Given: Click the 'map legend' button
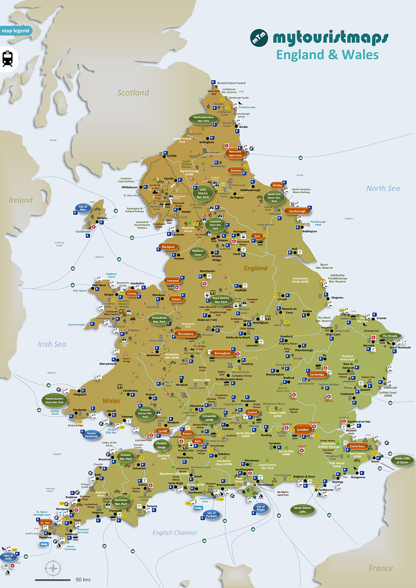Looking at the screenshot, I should coord(15,31).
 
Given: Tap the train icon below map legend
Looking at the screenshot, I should coord(7,59).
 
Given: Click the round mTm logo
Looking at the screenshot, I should coord(259,38).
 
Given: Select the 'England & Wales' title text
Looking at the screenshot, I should coord(327,55).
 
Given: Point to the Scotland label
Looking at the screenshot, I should coord(133,93).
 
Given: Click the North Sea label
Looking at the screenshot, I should coord(383,188).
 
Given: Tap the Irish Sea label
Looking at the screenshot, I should coord(52,344).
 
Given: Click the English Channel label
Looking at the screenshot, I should coord(175,533).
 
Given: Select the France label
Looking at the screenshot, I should coord(380,568).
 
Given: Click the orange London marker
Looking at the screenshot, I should coord(302,430).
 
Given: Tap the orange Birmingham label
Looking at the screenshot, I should coord(223,353).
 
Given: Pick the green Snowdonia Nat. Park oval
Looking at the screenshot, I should coord(159,320).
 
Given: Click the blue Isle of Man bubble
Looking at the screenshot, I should coord(83,208).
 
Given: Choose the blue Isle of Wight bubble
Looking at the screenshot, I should coord(260,508).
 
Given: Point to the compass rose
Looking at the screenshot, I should coord(53,568).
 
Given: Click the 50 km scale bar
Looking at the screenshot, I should coord(53,580).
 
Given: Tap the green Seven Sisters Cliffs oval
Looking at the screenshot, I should coord(302,510).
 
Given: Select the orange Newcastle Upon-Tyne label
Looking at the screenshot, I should coord(235,153).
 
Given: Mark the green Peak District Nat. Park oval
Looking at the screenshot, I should coord(220,300).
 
